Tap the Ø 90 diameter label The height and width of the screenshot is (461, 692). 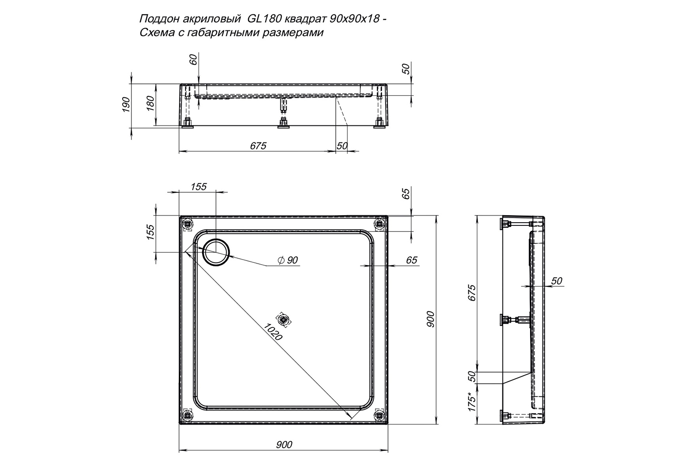[287, 260]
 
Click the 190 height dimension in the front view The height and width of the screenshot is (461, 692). [126, 104]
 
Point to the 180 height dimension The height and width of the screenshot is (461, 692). [150, 103]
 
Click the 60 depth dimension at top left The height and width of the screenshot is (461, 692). [193, 59]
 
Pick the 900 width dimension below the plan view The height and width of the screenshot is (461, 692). [284, 445]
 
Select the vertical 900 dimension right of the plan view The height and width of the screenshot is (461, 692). [430, 319]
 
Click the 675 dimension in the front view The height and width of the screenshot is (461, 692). [258, 146]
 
